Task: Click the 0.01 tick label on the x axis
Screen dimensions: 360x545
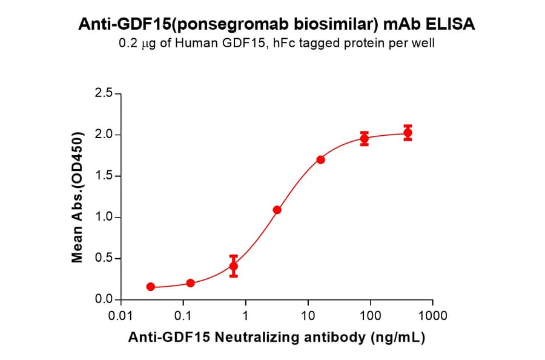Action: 121,316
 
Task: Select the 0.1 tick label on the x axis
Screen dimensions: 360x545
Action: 183,316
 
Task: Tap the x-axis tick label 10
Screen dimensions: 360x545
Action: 308,316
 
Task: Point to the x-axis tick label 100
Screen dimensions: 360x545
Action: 370,316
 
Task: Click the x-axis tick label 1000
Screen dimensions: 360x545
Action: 432,316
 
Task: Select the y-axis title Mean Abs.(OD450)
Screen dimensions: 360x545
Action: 77,197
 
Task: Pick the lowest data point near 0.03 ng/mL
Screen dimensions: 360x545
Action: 150,287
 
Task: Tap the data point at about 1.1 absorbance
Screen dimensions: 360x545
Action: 277,210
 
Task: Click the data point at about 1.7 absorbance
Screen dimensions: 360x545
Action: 320,159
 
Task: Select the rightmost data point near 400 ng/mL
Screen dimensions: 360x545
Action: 408,133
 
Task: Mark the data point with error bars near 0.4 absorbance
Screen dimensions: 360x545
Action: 233,266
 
